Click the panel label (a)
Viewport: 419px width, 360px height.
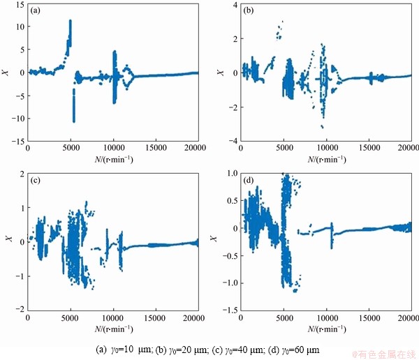[36, 11]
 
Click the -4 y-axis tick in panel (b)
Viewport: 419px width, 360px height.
[231, 141]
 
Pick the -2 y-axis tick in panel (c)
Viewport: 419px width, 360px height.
[19, 309]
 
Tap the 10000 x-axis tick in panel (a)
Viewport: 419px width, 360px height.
[113, 149]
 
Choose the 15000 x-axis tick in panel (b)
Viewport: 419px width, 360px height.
[367, 149]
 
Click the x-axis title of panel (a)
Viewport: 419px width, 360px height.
[113, 158]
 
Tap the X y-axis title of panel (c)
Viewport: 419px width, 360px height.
[7, 241]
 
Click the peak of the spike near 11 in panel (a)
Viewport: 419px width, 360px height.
[71, 21]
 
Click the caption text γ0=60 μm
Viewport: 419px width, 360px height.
[294, 349]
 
